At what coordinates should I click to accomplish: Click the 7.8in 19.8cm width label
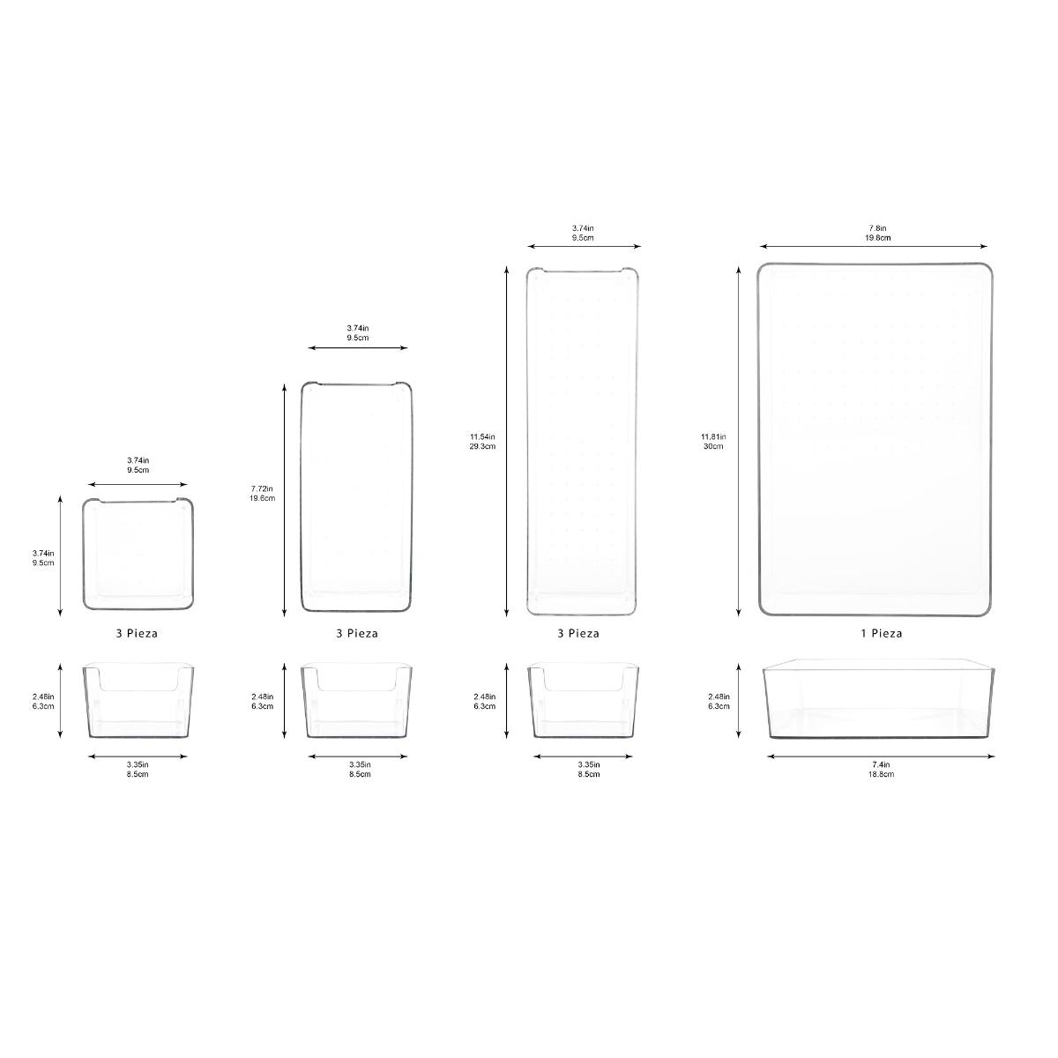click(x=877, y=233)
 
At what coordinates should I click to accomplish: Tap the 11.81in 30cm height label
click(x=713, y=442)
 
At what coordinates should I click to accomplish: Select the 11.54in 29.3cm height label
click(x=482, y=442)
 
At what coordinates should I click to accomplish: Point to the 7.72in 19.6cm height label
click(x=263, y=493)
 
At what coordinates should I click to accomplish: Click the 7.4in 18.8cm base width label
click(x=881, y=769)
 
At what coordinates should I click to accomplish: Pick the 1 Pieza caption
click(x=881, y=634)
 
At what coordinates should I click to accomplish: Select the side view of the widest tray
click(x=879, y=698)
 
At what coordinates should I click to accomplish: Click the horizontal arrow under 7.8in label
click(x=874, y=247)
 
